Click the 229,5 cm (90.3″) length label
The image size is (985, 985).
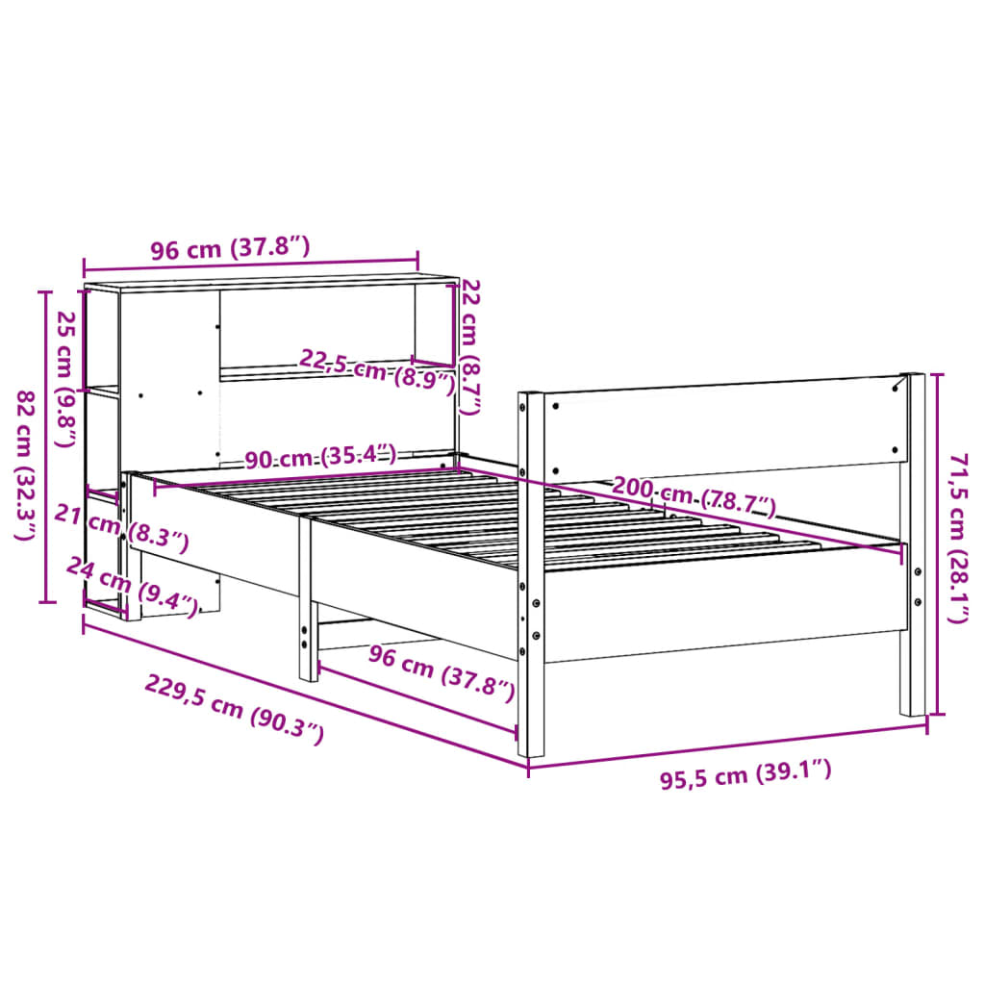[235, 709]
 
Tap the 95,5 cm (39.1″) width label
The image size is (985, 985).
[745, 773]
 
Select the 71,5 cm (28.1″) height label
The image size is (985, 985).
[958, 538]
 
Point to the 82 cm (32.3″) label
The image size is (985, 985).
[27, 466]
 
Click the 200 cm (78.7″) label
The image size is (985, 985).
[695, 495]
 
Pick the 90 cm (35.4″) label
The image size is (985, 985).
[320, 455]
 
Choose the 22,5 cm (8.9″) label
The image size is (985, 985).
[377, 372]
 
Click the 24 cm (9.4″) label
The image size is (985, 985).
[133, 586]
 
